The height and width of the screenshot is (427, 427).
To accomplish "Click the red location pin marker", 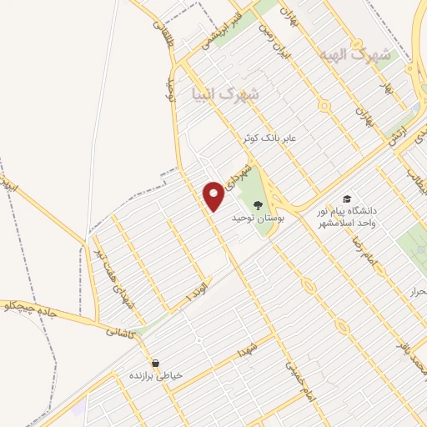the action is pyautogui.click(x=213, y=195).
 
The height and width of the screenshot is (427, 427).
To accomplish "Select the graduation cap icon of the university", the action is pyautogui.click(x=346, y=199).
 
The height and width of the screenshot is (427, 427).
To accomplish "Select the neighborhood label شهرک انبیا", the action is pyautogui.click(x=224, y=94).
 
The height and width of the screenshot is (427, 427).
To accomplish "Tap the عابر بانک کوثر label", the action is pyautogui.click(x=276, y=136).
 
